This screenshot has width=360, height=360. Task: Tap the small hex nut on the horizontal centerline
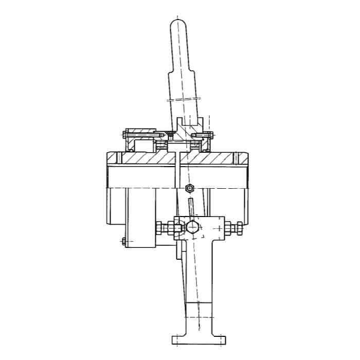point(189,188)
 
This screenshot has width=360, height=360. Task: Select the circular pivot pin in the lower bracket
point(192,227)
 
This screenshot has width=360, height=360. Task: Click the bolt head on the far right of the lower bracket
point(240,227)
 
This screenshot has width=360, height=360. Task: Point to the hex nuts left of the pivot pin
point(164,227)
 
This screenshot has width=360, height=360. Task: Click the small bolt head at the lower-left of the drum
point(123,241)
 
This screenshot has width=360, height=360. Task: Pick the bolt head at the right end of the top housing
point(211,136)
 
